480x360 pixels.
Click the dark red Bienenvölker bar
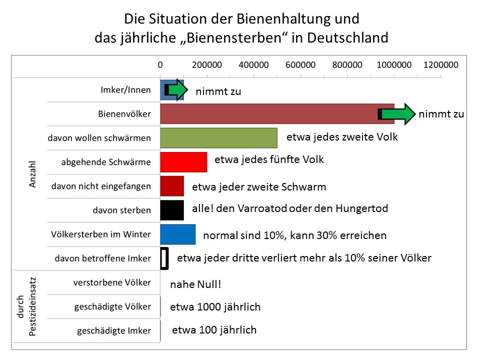[x=270, y=114]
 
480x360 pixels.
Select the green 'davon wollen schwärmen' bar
[x=218, y=137]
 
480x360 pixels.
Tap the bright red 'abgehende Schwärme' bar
[x=183, y=161]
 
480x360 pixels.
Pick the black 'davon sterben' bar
[x=172, y=210]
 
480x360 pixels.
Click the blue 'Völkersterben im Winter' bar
[x=177, y=234]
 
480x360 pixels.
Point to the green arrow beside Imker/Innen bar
[x=176, y=90]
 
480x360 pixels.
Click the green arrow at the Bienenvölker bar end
[x=403, y=114]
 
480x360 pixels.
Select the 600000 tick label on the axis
[x=300, y=65]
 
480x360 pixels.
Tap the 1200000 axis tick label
[x=440, y=65]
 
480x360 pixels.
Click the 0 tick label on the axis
[x=160, y=65]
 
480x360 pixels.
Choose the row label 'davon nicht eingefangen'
[x=101, y=186]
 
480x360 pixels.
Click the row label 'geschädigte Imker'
[x=113, y=330]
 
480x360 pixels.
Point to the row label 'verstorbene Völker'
[x=111, y=282]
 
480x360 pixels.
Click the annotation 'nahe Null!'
[x=195, y=285]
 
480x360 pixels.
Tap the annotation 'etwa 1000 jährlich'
[x=215, y=307]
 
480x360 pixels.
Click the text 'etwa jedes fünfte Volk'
[x=269, y=160]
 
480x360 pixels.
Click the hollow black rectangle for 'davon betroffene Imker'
[x=163, y=258]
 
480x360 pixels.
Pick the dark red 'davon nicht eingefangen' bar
[x=172, y=186]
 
